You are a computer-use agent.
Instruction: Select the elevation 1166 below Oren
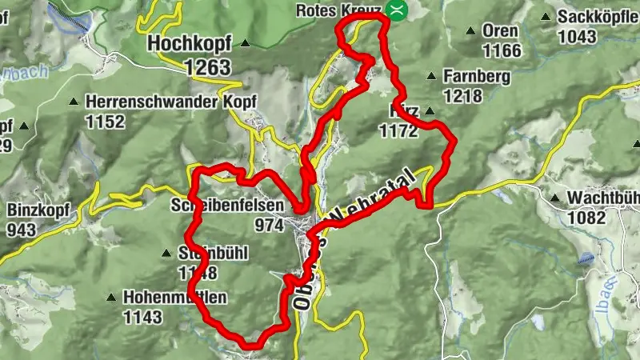(502, 51)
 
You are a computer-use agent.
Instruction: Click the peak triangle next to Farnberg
(432, 78)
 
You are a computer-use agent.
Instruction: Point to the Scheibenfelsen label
(227, 206)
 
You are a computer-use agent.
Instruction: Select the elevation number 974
(269, 226)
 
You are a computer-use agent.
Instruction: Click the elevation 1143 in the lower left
(142, 317)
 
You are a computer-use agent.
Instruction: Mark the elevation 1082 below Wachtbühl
(587, 217)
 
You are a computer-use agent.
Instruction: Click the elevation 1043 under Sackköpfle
(577, 36)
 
